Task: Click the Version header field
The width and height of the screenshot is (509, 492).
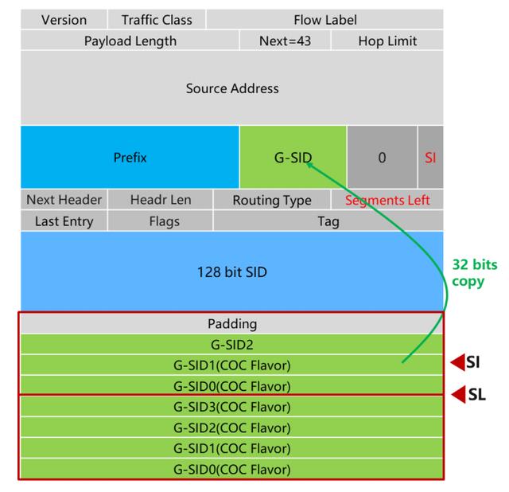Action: coord(64,19)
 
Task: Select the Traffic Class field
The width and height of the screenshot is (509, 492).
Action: coord(156,19)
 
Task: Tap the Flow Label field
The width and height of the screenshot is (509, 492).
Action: coord(324,19)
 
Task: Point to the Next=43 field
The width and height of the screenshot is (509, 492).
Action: coord(285,41)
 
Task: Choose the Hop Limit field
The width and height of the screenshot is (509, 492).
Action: coord(387,41)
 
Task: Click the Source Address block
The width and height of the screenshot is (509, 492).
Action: coord(232,88)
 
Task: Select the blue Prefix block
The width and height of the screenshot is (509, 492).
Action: coord(130,158)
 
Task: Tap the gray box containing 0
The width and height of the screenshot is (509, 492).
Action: coord(382,158)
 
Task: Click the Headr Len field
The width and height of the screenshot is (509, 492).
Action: coord(161,200)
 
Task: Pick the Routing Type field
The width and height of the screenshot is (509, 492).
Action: coord(272,201)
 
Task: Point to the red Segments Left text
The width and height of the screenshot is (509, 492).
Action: coord(387,201)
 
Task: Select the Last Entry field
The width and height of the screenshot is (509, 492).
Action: coord(64,221)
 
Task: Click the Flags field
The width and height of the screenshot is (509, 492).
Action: coord(164,221)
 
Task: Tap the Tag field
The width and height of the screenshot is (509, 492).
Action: coord(328,221)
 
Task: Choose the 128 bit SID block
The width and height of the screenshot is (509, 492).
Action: coord(232,272)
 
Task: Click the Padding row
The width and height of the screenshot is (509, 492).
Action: coord(232,324)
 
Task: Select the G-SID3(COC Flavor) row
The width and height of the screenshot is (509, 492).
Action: coord(232,407)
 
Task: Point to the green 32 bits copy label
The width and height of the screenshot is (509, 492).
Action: coord(469,272)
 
